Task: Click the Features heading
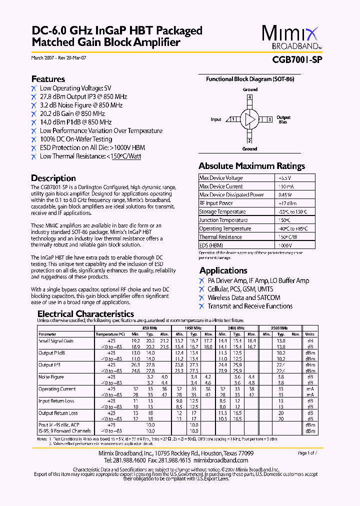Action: [x=48, y=79]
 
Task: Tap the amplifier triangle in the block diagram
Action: [x=248, y=119]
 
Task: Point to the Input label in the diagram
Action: [x=216, y=119]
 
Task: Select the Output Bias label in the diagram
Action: [x=283, y=119]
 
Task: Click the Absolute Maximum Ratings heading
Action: [x=251, y=166]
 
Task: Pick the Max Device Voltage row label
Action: [x=221, y=178]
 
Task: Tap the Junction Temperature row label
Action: [x=223, y=220]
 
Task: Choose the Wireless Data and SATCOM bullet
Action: [x=243, y=297]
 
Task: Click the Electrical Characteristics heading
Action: [x=86, y=314]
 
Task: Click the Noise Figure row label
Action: [x=51, y=377]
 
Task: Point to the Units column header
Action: [x=310, y=334]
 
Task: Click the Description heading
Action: [x=53, y=178]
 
